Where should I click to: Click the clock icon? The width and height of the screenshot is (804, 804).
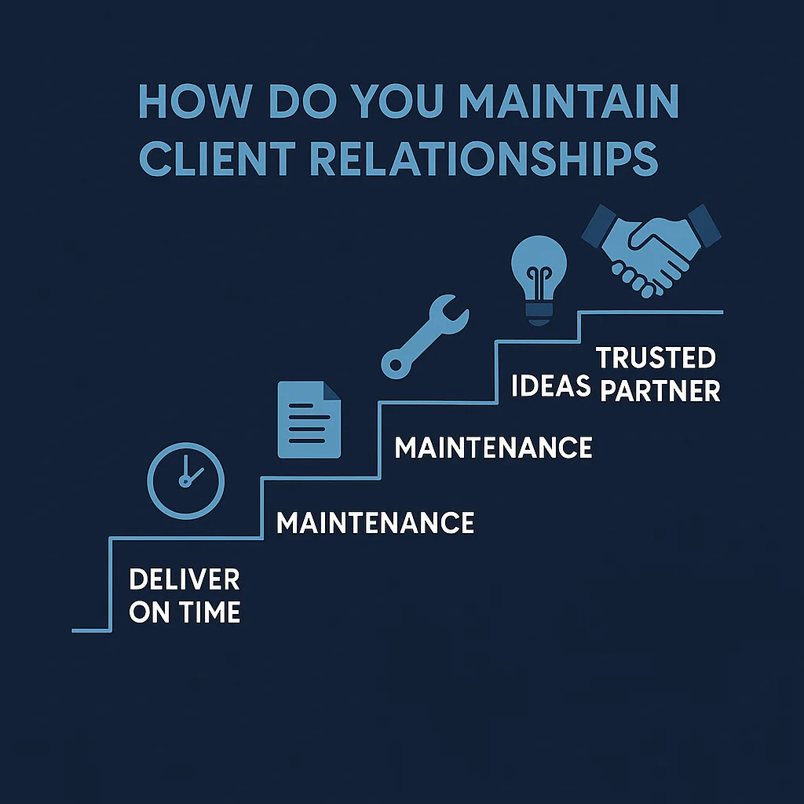(x=186, y=481)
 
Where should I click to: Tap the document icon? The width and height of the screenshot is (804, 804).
(x=309, y=419)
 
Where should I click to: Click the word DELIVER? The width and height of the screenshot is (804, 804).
(x=184, y=581)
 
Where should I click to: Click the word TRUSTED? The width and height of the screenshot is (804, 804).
(x=656, y=359)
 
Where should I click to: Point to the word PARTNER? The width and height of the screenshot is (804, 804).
(x=660, y=391)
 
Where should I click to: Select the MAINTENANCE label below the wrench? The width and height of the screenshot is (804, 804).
(x=493, y=448)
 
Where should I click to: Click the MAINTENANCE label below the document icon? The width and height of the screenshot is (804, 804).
(x=375, y=523)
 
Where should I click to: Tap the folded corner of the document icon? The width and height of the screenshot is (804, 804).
(x=332, y=390)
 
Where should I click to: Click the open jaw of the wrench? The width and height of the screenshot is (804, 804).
(x=455, y=309)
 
